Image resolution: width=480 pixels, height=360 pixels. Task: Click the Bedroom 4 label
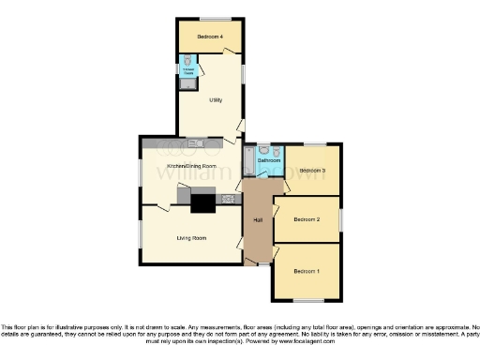click(210, 37)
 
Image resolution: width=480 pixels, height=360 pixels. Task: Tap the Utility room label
click(216, 99)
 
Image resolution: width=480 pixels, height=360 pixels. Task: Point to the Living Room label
click(191, 238)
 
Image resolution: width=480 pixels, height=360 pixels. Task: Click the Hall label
click(257, 219)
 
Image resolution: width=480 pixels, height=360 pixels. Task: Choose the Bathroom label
click(270, 161)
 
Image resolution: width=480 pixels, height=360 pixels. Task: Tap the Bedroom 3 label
click(312, 171)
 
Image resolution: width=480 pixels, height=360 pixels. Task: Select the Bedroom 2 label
click(307, 219)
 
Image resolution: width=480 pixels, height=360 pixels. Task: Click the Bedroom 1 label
click(307, 271)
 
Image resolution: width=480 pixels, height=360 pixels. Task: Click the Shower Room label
click(188, 70)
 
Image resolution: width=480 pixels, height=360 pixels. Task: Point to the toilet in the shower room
click(189, 61)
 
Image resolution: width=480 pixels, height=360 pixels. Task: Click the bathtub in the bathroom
click(248, 161)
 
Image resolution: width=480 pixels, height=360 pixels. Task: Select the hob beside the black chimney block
click(227, 199)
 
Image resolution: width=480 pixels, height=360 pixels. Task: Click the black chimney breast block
click(203, 201)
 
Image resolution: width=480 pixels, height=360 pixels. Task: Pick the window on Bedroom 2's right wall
click(341, 218)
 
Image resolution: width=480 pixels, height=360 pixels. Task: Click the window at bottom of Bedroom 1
click(306, 300)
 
